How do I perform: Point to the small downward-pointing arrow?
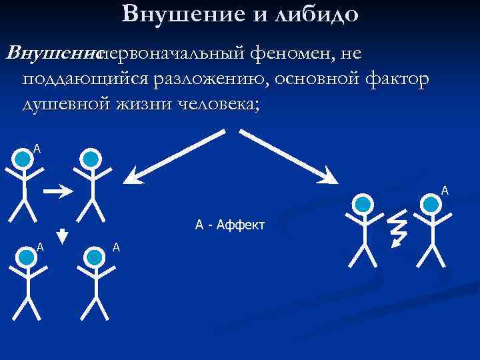point(61,235)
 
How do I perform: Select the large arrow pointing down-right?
point(289,155)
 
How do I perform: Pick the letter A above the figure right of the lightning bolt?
point(445,191)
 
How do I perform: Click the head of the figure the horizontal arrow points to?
point(91,159)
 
